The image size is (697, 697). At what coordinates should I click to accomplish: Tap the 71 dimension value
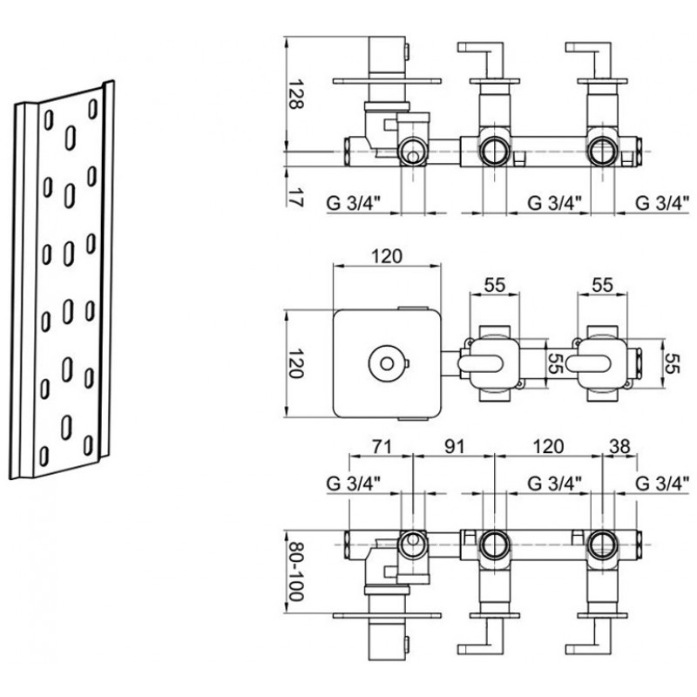pyautogui.click(x=381, y=446)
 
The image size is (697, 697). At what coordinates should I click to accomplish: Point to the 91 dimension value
pyautogui.click(x=455, y=446)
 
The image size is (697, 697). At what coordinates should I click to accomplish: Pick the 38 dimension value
pyautogui.click(x=620, y=446)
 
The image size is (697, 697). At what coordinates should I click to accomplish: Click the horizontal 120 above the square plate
pyautogui.click(x=387, y=256)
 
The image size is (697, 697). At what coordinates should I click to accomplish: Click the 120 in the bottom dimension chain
pyautogui.click(x=548, y=446)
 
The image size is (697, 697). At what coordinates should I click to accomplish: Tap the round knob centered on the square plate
pyautogui.click(x=387, y=363)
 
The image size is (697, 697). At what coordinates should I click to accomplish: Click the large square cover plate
pyautogui.click(x=387, y=363)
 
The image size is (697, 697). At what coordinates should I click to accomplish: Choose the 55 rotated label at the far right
pyautogui.click(x=673, y=363)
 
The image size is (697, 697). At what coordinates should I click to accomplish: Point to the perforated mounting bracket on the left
pyautogui.click(x=62, y=280)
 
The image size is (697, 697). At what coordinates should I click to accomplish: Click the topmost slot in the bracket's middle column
pyautogui.click(x=71, y=138)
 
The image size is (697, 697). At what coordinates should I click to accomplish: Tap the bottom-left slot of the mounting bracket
pyautogui.click(x=44, y=456)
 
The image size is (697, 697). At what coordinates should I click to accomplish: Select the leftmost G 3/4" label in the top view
pyautogui.click(x=354, y=203)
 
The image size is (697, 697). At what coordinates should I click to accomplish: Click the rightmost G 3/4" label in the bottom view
pyautogui.click(x=663, y=484)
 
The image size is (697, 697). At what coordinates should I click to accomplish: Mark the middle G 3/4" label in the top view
pyautogui.click(x=555, y=203)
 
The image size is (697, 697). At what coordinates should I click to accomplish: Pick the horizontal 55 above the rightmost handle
pyautogui.click(x=602, y=285)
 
